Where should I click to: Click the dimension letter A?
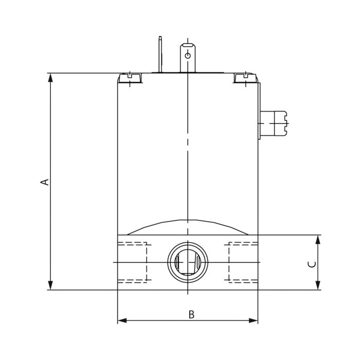coord(45,182)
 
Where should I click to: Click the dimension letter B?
coord(191,314)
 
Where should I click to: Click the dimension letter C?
coord(311,264)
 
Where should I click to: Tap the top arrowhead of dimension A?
coord(50,77)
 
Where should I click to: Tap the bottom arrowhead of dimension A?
coord(50,285)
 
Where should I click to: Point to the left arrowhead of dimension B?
coord(122,320)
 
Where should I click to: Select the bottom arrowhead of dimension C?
coord(318,285)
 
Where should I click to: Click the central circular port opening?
coord(188,262)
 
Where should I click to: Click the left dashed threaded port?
coord(133,262)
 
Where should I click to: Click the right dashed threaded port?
coord(243,262)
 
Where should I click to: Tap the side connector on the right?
coord(275,123)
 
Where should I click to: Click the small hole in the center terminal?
coord(188,55)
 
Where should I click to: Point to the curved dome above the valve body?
coord(188,227)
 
